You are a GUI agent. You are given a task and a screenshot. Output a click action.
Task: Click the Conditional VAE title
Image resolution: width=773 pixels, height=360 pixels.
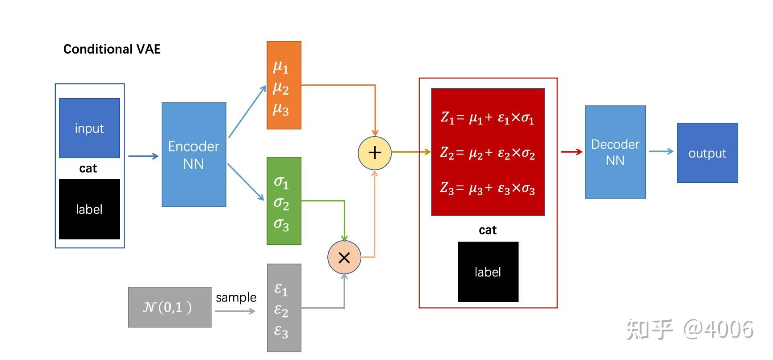coord(112,49)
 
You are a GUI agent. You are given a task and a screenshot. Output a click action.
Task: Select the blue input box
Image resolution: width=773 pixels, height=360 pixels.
coord(89,128)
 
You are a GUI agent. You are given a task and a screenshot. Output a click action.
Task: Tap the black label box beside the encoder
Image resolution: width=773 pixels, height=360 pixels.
coord(89,209)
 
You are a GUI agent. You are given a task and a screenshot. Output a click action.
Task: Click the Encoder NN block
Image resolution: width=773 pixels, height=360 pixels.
coord(194,155)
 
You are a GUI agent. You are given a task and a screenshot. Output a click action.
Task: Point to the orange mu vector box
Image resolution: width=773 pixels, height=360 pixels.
coord(284,85)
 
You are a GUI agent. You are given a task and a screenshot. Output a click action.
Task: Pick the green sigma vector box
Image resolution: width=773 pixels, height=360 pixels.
coord(284,201)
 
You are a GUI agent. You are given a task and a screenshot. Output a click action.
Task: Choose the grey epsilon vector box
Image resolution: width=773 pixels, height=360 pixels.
coord(284,308)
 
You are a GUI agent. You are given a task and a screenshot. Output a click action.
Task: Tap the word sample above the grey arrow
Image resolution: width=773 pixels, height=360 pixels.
coord(236,297)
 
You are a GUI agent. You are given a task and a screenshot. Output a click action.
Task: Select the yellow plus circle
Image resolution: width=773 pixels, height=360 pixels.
coord(375,153)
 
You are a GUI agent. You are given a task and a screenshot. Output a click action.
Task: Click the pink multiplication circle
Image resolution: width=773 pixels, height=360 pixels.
coord(344,258)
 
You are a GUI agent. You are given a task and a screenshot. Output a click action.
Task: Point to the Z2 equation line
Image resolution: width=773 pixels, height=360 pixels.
coord(487,153)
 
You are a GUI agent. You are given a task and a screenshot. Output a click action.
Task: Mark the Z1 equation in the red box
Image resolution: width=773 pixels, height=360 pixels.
coord(487,118)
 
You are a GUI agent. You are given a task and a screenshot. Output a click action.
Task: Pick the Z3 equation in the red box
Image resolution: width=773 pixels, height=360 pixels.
coord(487,188)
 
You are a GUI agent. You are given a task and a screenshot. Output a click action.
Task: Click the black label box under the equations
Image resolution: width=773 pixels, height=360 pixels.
coord(488,272)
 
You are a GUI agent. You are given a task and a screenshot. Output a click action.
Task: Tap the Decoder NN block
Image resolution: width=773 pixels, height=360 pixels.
coord(615,152)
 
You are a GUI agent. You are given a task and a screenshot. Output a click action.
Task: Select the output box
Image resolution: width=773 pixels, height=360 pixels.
coord(707,153)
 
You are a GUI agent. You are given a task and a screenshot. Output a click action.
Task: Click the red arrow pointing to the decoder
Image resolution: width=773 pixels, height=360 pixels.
coord(572,152)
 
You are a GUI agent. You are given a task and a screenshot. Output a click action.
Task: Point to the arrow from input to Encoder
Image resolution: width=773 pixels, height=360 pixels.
coord(143,156)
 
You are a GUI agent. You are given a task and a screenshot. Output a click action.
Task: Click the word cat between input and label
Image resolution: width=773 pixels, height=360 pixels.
coord(88,168)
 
